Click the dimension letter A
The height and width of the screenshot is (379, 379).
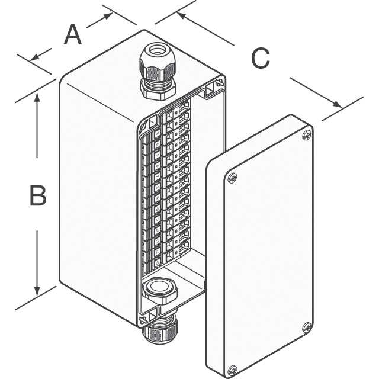tap(72, 35)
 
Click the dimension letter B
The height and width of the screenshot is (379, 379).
tap(38, 195)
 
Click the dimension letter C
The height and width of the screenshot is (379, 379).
tap(260, 58)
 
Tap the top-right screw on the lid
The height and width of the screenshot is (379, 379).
tap(306, 136)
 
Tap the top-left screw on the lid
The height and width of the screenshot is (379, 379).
tap(232, 177)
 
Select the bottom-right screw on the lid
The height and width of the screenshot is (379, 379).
tap(307, 327)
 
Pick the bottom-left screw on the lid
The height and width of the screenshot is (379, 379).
tap(233, 370)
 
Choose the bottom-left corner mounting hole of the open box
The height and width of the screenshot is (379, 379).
tap(143, 320)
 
